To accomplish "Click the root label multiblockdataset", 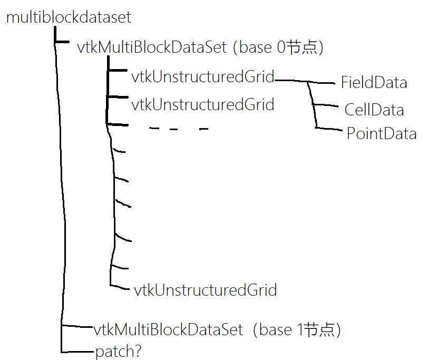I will click(69, 17).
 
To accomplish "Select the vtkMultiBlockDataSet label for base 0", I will click(152, 47).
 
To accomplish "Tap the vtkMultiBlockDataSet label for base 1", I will click(168, 330).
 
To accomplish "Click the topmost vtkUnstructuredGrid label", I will click(203, 77).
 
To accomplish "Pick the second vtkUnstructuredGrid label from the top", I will click(203, 104).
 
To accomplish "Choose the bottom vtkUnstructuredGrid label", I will click(205, 290).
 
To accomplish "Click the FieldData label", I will click(374, 82).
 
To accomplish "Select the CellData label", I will click(374, 110).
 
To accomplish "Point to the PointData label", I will click(381, 133).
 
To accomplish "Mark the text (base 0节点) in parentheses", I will click(277, 47).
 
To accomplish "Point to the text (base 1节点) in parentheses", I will click(297, 330).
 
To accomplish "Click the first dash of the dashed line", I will click(154, 128).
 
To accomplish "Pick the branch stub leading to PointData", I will click(330, 128).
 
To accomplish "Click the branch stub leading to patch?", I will click(78, 351).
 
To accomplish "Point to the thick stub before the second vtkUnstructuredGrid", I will click(118, 98).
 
